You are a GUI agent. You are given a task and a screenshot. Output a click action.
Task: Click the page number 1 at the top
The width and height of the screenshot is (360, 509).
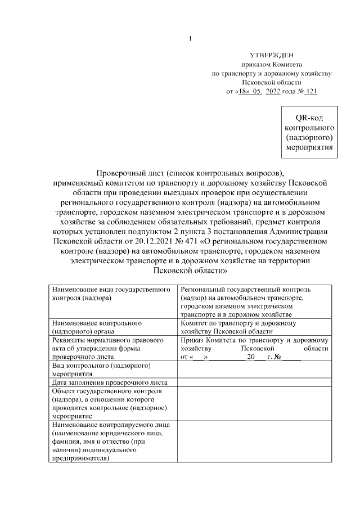pos(190,39)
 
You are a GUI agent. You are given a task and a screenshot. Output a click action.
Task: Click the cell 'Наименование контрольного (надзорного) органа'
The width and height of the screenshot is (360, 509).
pos(112,327)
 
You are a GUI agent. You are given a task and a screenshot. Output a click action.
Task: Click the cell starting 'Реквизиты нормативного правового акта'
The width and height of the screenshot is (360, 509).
pos(112,348)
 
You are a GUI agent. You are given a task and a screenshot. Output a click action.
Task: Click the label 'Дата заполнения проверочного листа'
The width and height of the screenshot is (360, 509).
pos(112,382)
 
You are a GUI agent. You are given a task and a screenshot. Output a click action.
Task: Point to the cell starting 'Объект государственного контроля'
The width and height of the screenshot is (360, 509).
pos(112,403)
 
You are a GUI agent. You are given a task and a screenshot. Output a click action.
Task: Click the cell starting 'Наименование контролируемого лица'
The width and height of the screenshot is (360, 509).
pos(112,441)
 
